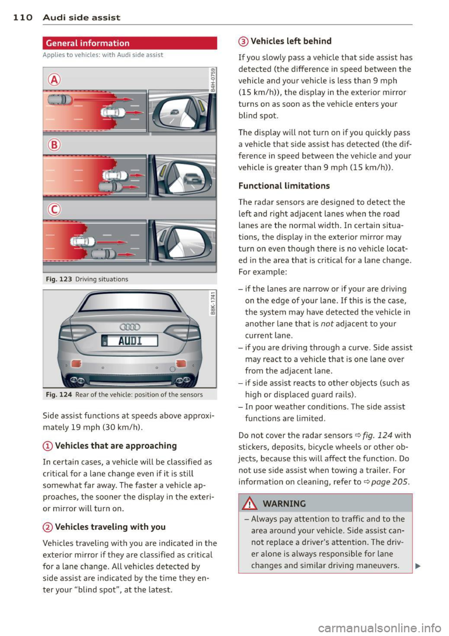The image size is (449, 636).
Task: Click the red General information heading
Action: [x=88, y=43]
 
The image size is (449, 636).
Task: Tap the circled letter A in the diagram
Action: [x=54, y=80]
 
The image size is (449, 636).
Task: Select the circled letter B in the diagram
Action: [x=54, y=144]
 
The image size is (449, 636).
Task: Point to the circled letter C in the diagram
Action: [x=54, y=209]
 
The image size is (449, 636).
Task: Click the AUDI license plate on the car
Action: [x=130, y=341]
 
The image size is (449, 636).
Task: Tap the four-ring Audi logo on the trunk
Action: [x=130, y=327]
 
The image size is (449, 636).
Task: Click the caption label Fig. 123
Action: [x=58, y=279]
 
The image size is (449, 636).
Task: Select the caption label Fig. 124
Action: [x=58, y=395]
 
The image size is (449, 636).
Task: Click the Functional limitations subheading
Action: [x=284, y=186]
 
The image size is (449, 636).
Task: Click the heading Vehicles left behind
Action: [x=291, y=41]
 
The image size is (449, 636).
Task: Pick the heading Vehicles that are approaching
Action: [x=116, y=446]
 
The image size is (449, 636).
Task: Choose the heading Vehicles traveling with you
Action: [x=110, y=527]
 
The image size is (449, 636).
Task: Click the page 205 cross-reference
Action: [x=390, y=482]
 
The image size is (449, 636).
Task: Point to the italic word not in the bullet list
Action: [x=327, y=324]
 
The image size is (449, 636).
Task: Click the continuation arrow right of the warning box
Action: [x=418, y=566]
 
